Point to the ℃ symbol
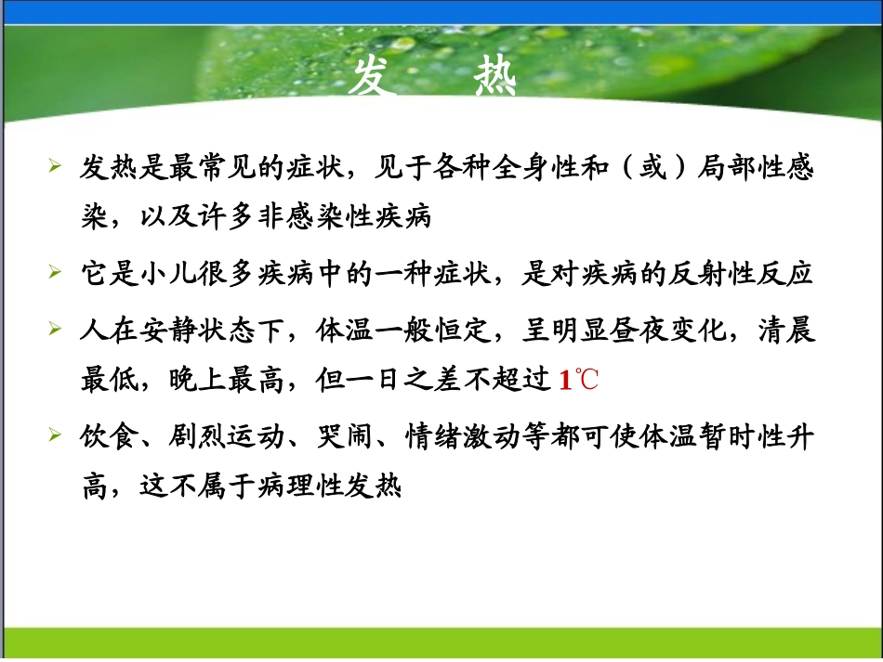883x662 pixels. tap(586, 381)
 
